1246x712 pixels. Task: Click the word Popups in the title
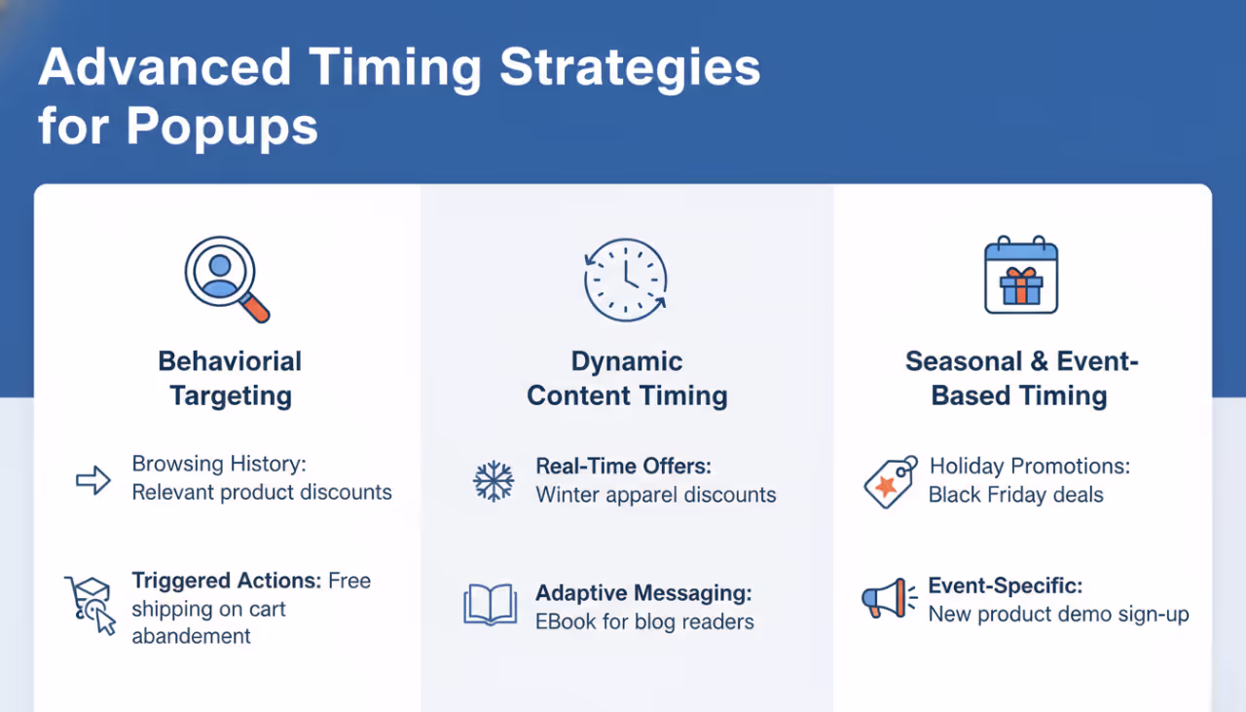222,126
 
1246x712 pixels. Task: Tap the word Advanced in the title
165,67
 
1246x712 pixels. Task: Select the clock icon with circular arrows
625,279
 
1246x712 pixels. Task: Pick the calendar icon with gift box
1020,276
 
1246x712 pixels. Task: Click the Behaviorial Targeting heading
230,378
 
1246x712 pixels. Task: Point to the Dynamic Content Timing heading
627,378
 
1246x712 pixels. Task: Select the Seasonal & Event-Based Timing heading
1020,378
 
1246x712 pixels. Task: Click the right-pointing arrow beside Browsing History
93,479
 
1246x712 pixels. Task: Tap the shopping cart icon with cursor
90,604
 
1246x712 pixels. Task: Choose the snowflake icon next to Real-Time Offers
494,481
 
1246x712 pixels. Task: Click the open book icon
490,605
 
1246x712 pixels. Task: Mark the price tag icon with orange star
890,481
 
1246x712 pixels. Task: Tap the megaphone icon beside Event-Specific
889,598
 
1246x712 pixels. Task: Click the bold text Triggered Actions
226,581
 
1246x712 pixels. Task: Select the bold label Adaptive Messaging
643,593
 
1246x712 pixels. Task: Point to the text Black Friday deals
1015,495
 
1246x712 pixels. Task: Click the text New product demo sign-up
1058,615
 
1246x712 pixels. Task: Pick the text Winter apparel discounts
655,495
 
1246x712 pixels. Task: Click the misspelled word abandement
191,636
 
